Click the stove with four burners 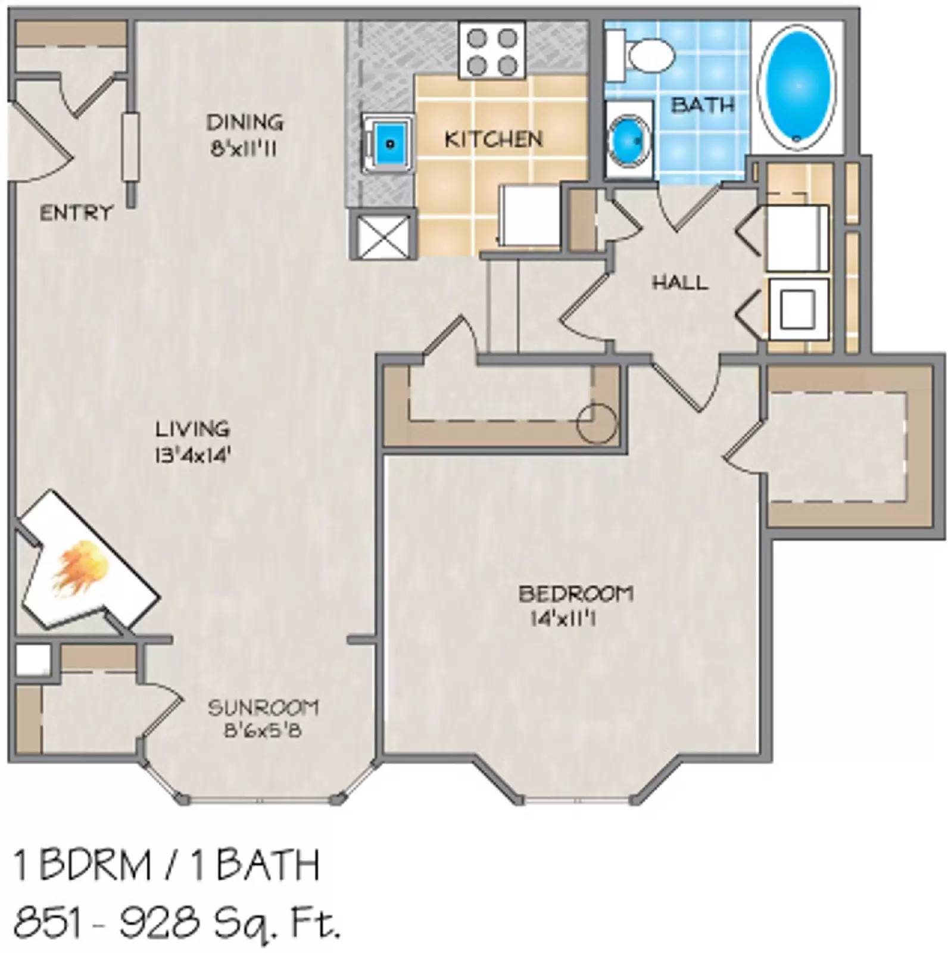[492, 50]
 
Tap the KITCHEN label [494, 139]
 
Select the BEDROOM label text [575, 593]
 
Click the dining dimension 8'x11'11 [244, 149]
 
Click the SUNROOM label [263, 708]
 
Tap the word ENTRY [75, 213]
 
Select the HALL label [680, 282]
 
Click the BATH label [702, 105]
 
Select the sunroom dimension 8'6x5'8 [263, 730]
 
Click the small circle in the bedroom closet [597, 423]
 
